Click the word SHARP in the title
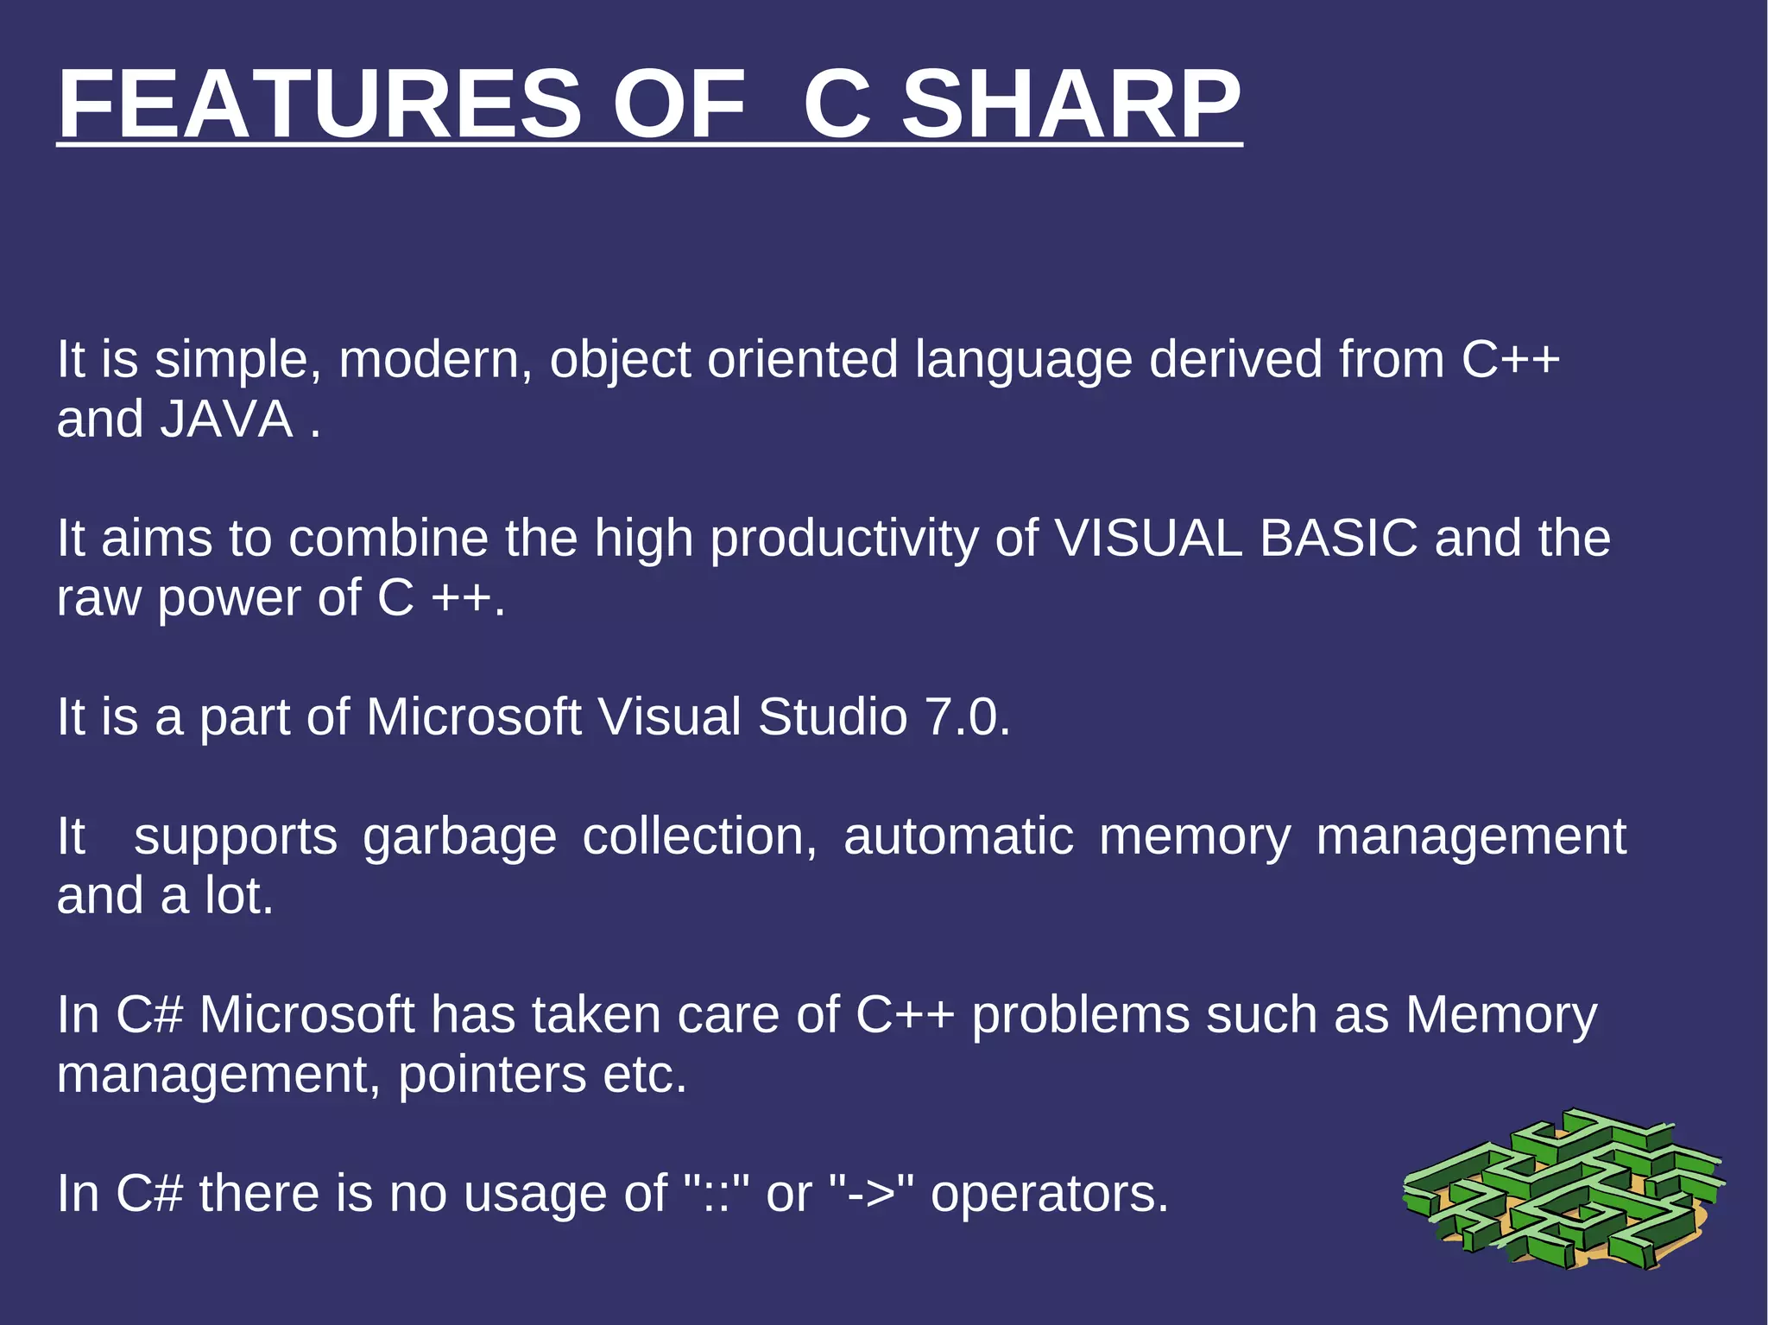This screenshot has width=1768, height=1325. point(1070,104)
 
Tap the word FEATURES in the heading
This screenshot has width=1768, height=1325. point(319,104)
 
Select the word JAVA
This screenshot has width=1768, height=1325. point(227,420)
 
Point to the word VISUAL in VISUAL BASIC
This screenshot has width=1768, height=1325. point(1148,539)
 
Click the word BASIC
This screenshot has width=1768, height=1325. point(1338,539)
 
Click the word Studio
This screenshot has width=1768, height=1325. point(832,717)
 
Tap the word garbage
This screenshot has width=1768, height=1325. point(459,837)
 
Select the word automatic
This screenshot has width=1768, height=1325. point(958,837)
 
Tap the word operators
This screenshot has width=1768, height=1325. point(1049,1195)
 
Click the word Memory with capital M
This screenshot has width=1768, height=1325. point(1501,1016)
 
